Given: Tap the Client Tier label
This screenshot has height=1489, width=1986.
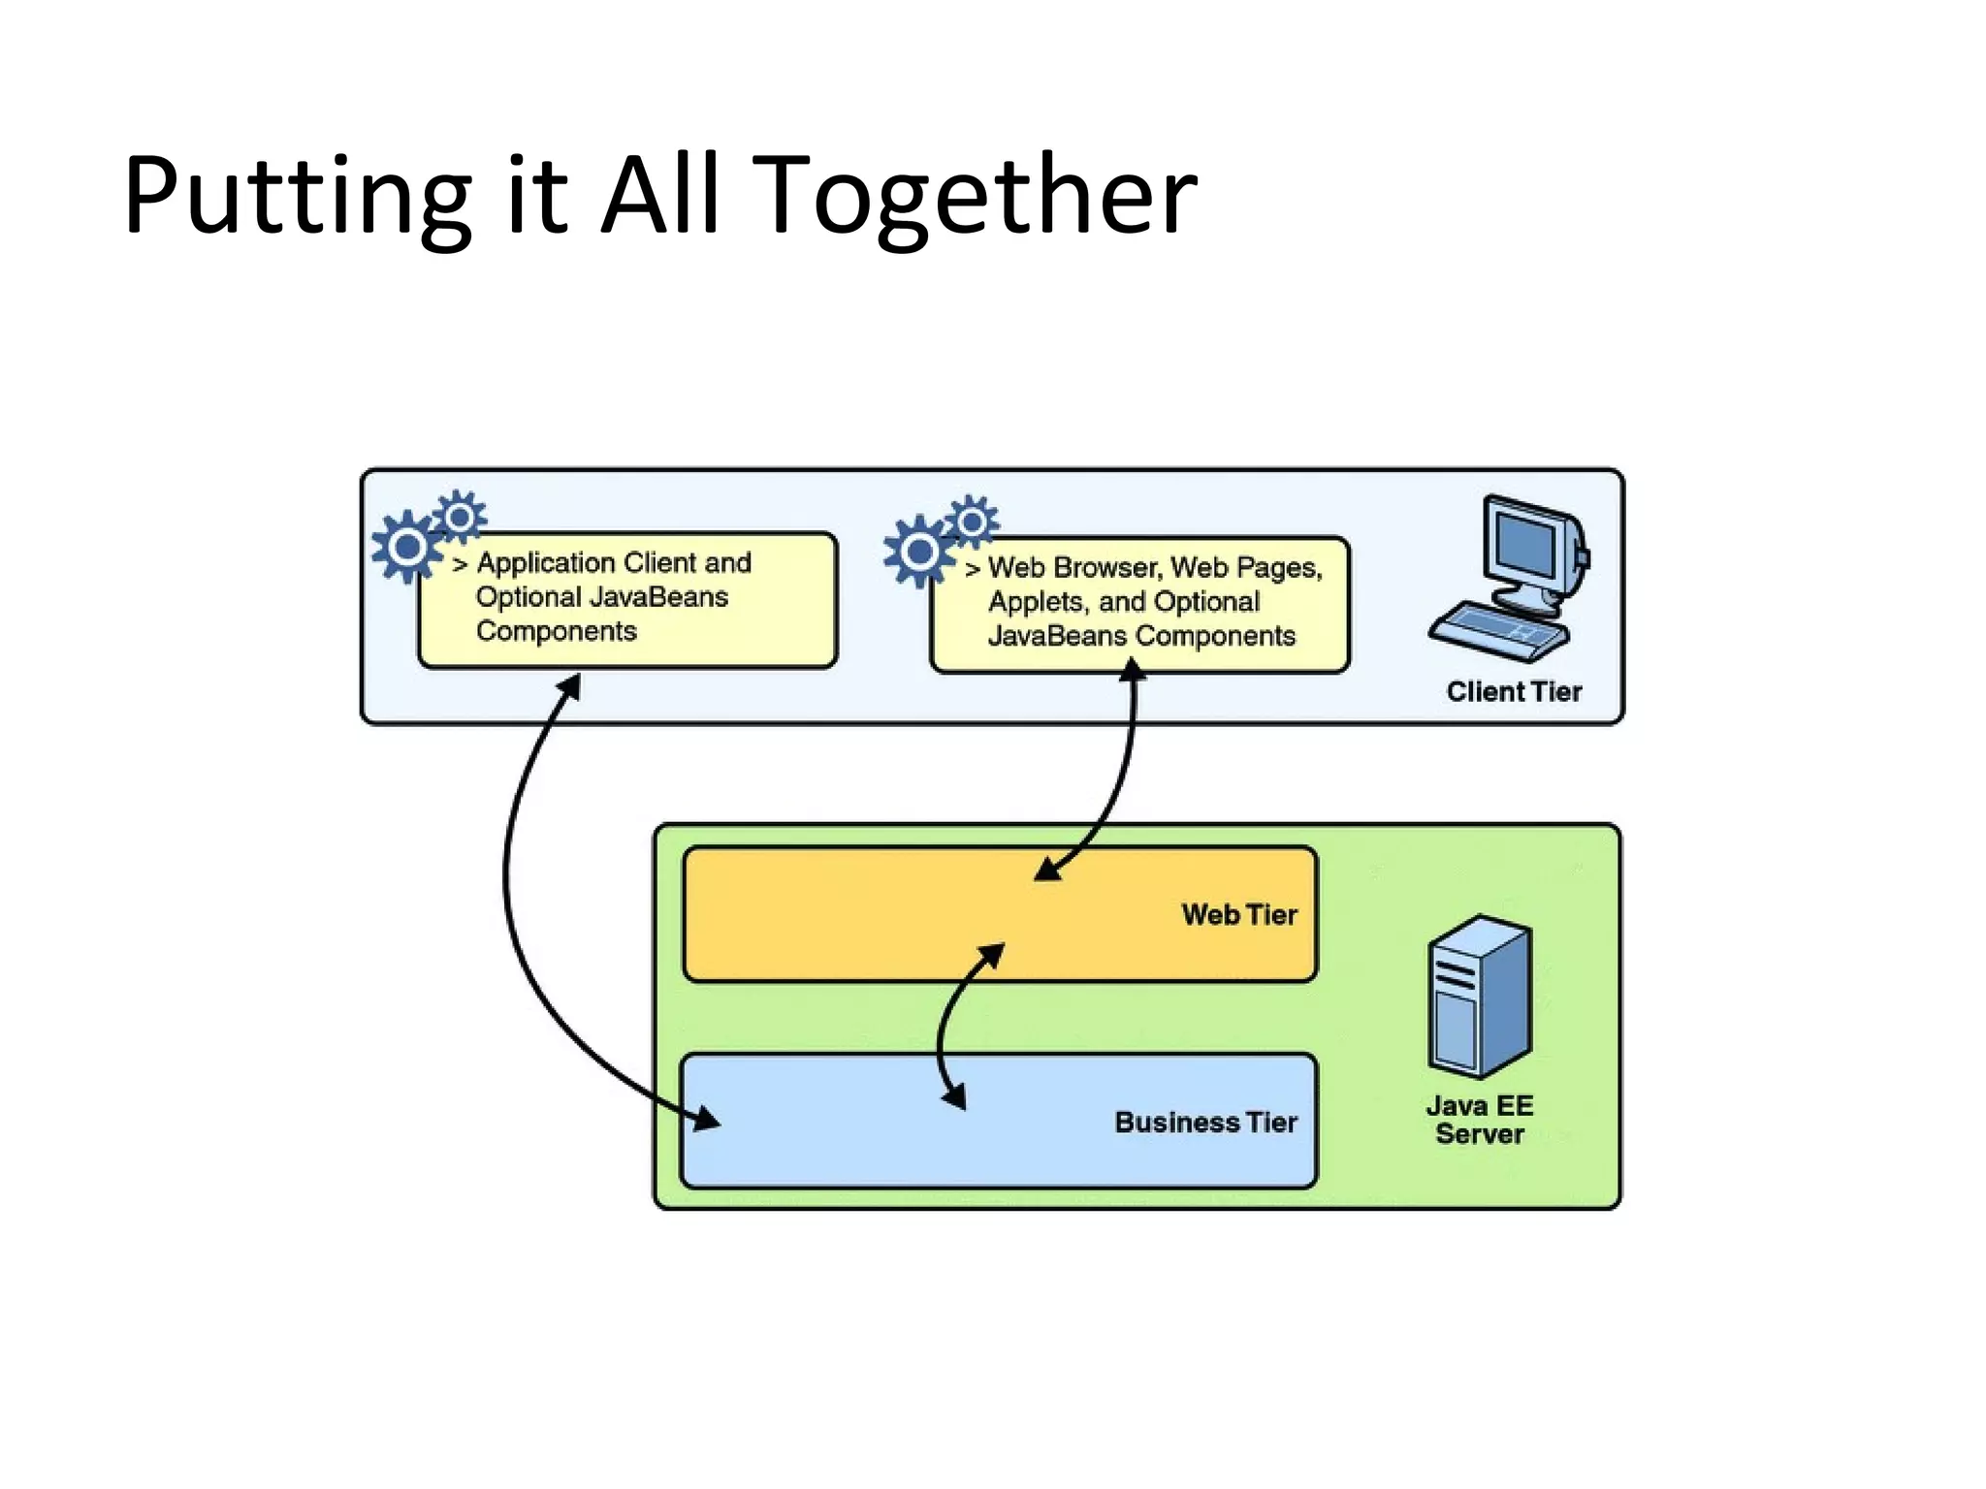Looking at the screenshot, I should click(1514, 691).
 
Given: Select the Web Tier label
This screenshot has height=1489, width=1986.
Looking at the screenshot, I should click(1238, 914).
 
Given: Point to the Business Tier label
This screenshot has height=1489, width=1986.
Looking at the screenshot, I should click(1205, 1122).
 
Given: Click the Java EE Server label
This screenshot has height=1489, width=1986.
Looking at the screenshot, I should click(1480, 1120).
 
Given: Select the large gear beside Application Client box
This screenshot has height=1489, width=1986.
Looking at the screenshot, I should click(407, 548).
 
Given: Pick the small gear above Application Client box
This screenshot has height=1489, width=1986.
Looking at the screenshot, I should click(460, 516).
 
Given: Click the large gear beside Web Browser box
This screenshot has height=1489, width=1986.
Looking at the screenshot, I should click(918, 552).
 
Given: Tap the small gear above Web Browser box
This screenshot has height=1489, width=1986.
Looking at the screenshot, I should click(972, 523).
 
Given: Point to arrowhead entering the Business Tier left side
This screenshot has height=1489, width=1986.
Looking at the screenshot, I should click(706, 1120).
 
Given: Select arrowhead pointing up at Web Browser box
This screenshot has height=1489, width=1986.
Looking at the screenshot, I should click(1132, 669).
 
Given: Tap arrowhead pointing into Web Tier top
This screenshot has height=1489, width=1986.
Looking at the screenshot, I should click(1048, 869).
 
